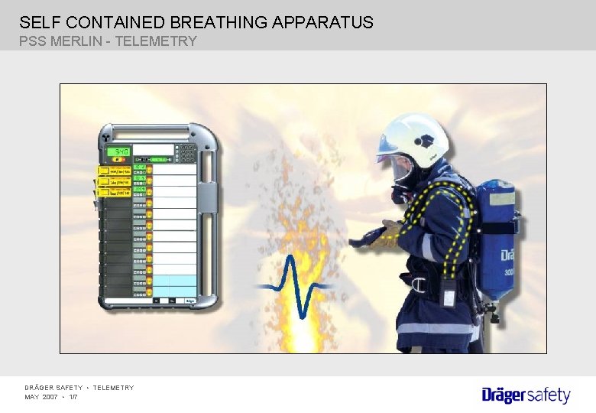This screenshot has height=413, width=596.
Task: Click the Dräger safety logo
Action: (526, 395)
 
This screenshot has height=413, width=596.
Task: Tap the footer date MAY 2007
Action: (42, 397)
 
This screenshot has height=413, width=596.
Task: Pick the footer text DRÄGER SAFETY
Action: (53, 388)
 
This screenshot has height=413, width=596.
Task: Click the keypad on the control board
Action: (186, 152)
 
